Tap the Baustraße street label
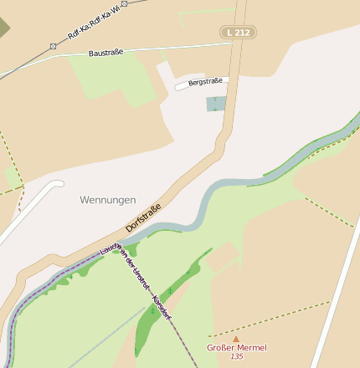tap(105, 53)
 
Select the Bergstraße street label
tap(205, 82)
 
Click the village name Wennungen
tap(107, 200)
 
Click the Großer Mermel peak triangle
tap(236, 339)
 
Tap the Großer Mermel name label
tap(237, 347)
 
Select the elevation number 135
tap(237, 357)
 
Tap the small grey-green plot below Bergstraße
tap(216, 104)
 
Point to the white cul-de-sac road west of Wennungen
tap(33, 209)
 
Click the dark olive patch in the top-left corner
tap(4, 25)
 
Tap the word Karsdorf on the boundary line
tap(161, 305)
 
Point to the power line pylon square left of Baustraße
tap(53, 46)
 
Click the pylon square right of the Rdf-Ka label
tap(125, 4)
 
